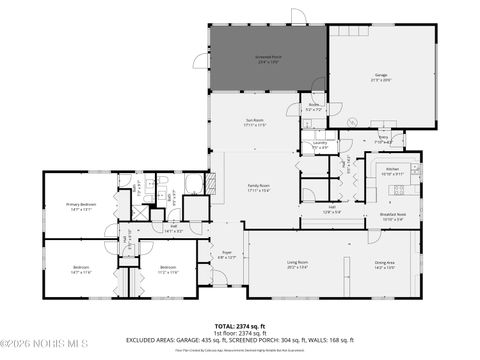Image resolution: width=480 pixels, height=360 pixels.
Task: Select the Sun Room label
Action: [x=254, y=123]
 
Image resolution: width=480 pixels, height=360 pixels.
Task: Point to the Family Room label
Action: [x=259, y=187]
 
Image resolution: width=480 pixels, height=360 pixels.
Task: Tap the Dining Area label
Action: [x=385, y=266]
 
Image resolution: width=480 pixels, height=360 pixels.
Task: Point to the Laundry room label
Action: [x=320, y=145]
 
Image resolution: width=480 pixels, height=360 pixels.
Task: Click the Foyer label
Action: [x=226, y=256]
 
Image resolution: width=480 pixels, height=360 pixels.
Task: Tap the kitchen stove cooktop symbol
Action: [x=398, y=190]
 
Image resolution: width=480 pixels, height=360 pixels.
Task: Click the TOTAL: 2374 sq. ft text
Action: [x=239, y=327]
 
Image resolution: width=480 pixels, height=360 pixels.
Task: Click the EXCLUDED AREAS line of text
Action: [x=239, y=341]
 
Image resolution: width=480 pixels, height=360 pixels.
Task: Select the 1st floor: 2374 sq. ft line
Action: [x=239, y=334]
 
